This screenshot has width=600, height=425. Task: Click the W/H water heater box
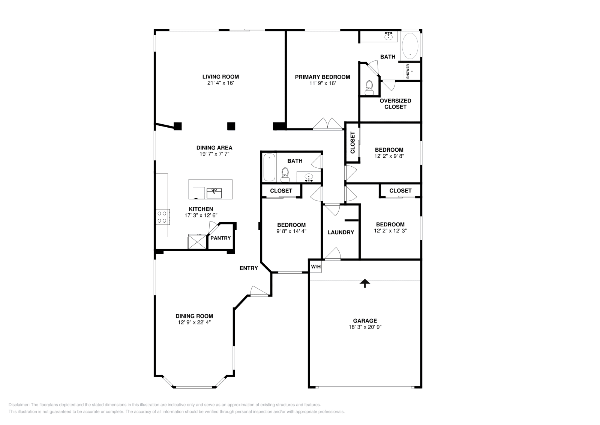tap(316, 267)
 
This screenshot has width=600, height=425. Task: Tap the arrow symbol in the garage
tap(364, 283)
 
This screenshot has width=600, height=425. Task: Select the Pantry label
tap(220, 238)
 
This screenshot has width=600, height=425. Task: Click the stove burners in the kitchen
tap(162, 217)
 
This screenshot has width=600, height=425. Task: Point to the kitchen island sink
tap(214, 193)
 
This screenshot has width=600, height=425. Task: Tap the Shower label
tap(408, 71)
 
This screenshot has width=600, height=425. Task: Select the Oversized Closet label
tap(395, 104)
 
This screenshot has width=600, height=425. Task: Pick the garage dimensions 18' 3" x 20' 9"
tap(364, 327)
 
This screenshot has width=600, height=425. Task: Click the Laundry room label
tap(340, 232)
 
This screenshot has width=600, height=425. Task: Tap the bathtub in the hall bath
tap(269, 167)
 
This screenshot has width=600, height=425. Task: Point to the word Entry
tap(249, 268)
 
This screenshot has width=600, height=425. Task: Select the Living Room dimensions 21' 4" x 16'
tap(220, 83)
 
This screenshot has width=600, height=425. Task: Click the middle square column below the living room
tap(231, 126)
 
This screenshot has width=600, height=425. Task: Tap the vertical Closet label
tap(352, 143)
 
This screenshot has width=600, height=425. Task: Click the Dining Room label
tap(194, 316)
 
